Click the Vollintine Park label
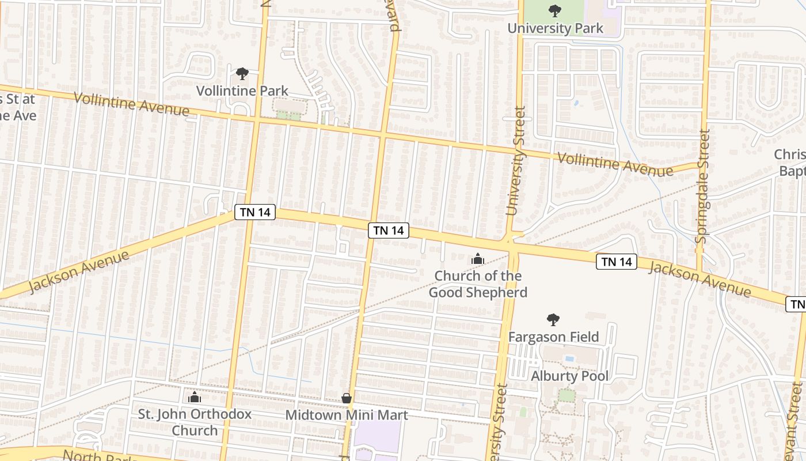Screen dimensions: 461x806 click(x=242, y=90)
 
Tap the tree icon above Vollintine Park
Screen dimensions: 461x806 click(x=242, y=74)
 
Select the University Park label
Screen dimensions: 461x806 click(x=555, y=28)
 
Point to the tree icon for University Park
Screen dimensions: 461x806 click(x=555, y=10)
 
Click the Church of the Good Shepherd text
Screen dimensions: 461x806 click(x=478, y=284)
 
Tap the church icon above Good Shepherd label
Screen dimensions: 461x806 click(x=478, y=259)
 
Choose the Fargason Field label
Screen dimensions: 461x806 click(x=553, y=337)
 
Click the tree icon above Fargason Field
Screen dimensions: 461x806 click(x=553, y=319)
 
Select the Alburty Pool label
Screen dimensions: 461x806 click(x=569, y=376)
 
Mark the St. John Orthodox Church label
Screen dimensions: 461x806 click(x=195, y=422)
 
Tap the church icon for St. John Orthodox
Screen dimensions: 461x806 click(x=195, y=398)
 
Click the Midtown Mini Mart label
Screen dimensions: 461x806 click(x=347, y=415)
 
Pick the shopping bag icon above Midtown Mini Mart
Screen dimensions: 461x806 click(x=347, y=398)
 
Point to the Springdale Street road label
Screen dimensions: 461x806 click(x=702, y=186)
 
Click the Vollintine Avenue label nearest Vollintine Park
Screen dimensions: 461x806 click(x=131, y=103)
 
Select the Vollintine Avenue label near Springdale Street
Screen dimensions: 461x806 click(x=615, y=164)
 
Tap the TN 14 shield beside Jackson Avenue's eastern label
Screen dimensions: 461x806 click(x=617, y=262)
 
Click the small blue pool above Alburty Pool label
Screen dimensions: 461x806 click(x=569, y=358)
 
